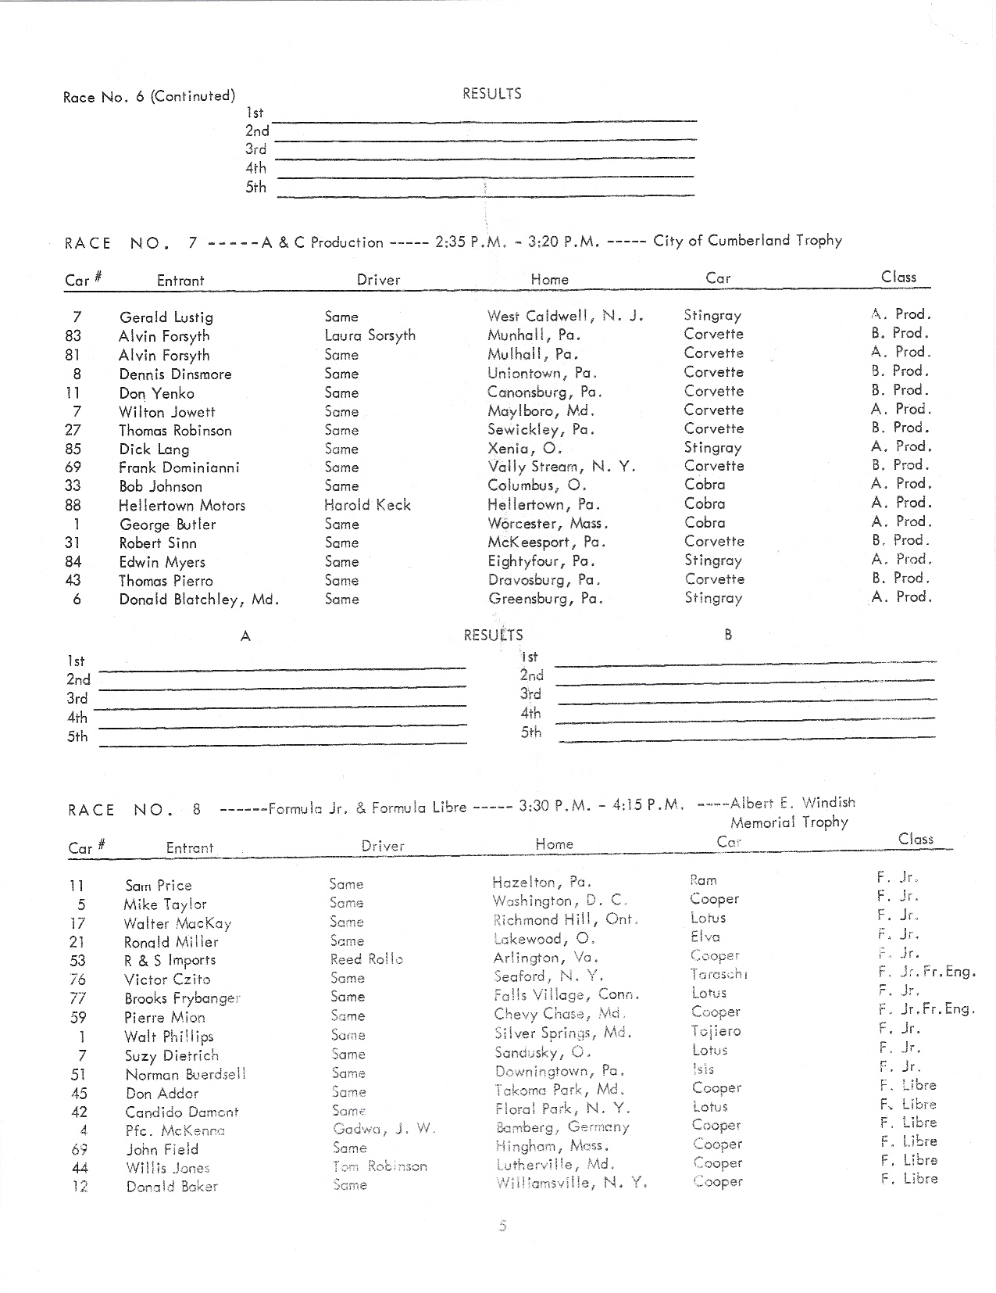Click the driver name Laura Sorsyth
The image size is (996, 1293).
(x=369, y=335)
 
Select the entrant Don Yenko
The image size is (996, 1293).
(x=156, y=393)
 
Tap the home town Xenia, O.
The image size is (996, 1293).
(x=524, y=449)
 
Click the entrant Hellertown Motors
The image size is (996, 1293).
(x=181, y=506)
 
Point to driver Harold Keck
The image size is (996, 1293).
(x=367, y=505)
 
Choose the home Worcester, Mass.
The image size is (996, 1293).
(x=548, y=524)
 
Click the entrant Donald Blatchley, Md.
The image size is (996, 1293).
(x=198, y=600)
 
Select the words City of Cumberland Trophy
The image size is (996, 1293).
(x=747, y=241)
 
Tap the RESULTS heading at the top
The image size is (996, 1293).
(x=491, y=94)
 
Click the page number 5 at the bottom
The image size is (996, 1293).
(x=502, y=1226)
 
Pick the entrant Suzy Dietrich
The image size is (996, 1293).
(x=171, y=1055)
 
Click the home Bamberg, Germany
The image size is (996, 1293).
(x=562, y=1127)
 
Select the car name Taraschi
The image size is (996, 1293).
(x=719, y=974)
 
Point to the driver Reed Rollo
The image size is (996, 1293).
(x=366, y=959)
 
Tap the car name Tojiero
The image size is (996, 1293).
(x=716, y=1031)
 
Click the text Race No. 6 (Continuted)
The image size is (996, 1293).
(x=148, y=97)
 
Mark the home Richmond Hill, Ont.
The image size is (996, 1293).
(x=566, y=920)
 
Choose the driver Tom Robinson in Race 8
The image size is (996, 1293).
(x=380, y=1166)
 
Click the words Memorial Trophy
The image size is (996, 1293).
(x=789, y=822)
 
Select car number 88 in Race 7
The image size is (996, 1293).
(x=73, y=505)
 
